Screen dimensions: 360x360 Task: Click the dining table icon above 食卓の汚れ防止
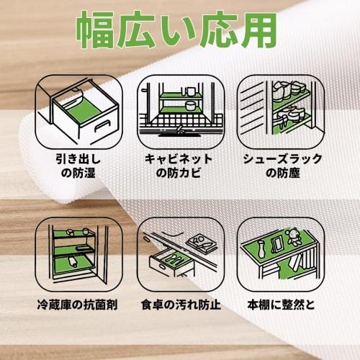180,251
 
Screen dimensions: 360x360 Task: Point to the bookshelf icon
281,251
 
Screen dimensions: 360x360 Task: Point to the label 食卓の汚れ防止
180,303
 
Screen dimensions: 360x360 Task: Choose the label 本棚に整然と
282,303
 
